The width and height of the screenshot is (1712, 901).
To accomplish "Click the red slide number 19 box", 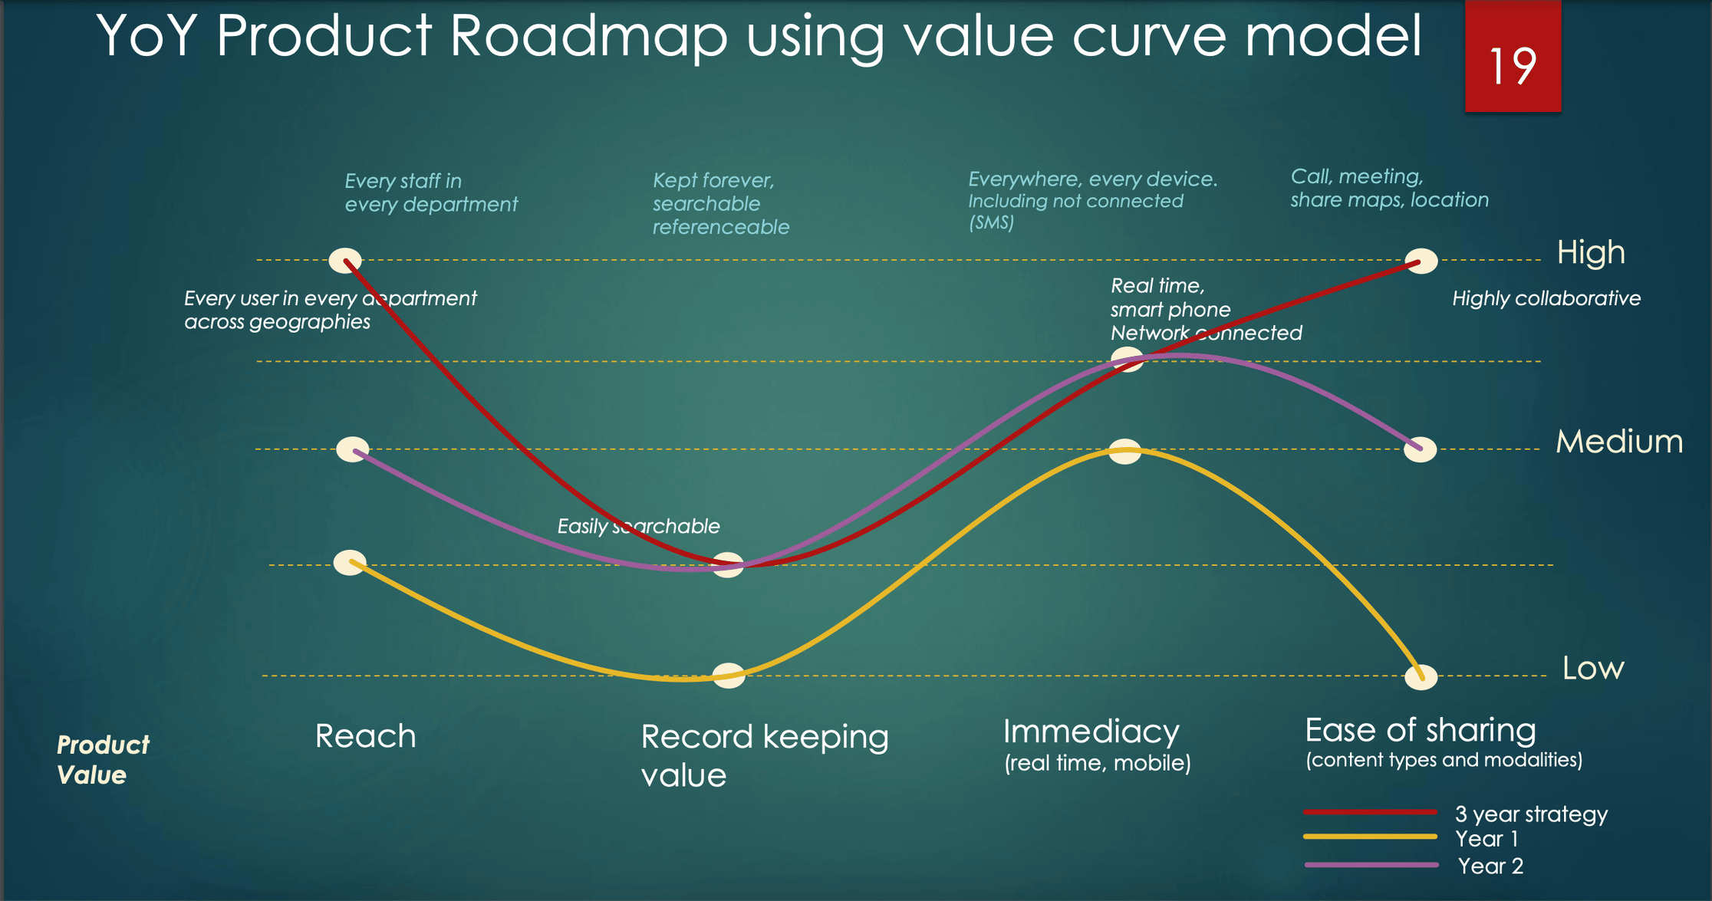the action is click(1513, 57).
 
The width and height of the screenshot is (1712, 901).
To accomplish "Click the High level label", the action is click(1591, 253).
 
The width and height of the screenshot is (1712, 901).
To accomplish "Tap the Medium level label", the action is click(1619, 442).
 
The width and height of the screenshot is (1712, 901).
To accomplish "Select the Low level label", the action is click(1593, 669).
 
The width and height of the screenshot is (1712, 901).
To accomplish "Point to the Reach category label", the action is click(366, 736).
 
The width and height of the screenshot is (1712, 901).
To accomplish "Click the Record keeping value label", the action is click(765, 755).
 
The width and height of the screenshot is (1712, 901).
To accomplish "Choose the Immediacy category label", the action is click(1091, 732).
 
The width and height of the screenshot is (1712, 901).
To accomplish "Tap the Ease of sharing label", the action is click(1421, 730).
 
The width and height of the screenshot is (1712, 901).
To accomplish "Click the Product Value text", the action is click(103, 759).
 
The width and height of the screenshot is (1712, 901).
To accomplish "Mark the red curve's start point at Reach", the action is click(345, 261).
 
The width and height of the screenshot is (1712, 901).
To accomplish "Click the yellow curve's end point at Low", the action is click(1421, 677).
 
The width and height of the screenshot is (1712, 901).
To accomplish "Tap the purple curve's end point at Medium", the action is click(1421, 449).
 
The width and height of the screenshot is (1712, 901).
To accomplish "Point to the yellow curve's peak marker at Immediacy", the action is click(1125, 452).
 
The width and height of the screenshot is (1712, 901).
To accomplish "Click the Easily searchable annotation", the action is click(638, 526).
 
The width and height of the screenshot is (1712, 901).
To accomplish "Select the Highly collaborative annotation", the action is click(1546, 298).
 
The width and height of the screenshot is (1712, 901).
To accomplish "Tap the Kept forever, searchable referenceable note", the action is click(721, 203).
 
